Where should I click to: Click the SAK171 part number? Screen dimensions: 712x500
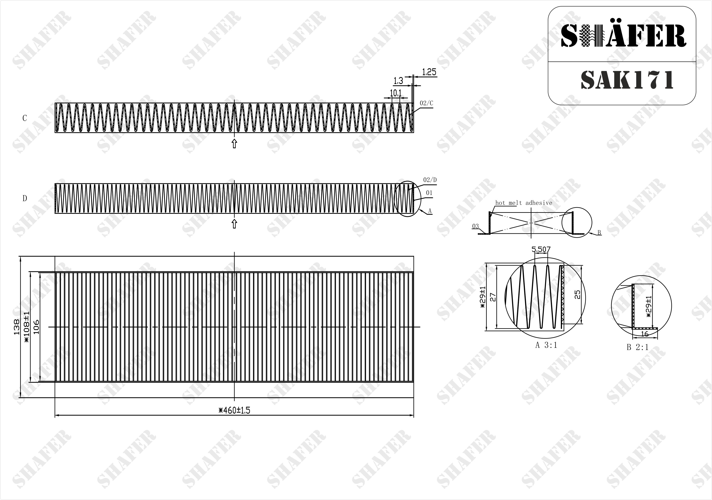coord(627,80)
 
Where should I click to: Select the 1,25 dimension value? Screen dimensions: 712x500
coord(429,72)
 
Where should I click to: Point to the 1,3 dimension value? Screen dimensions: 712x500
coord(398,81)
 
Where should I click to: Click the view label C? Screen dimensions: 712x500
coord(24,118)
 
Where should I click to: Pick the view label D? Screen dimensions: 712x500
coord(24,198)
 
